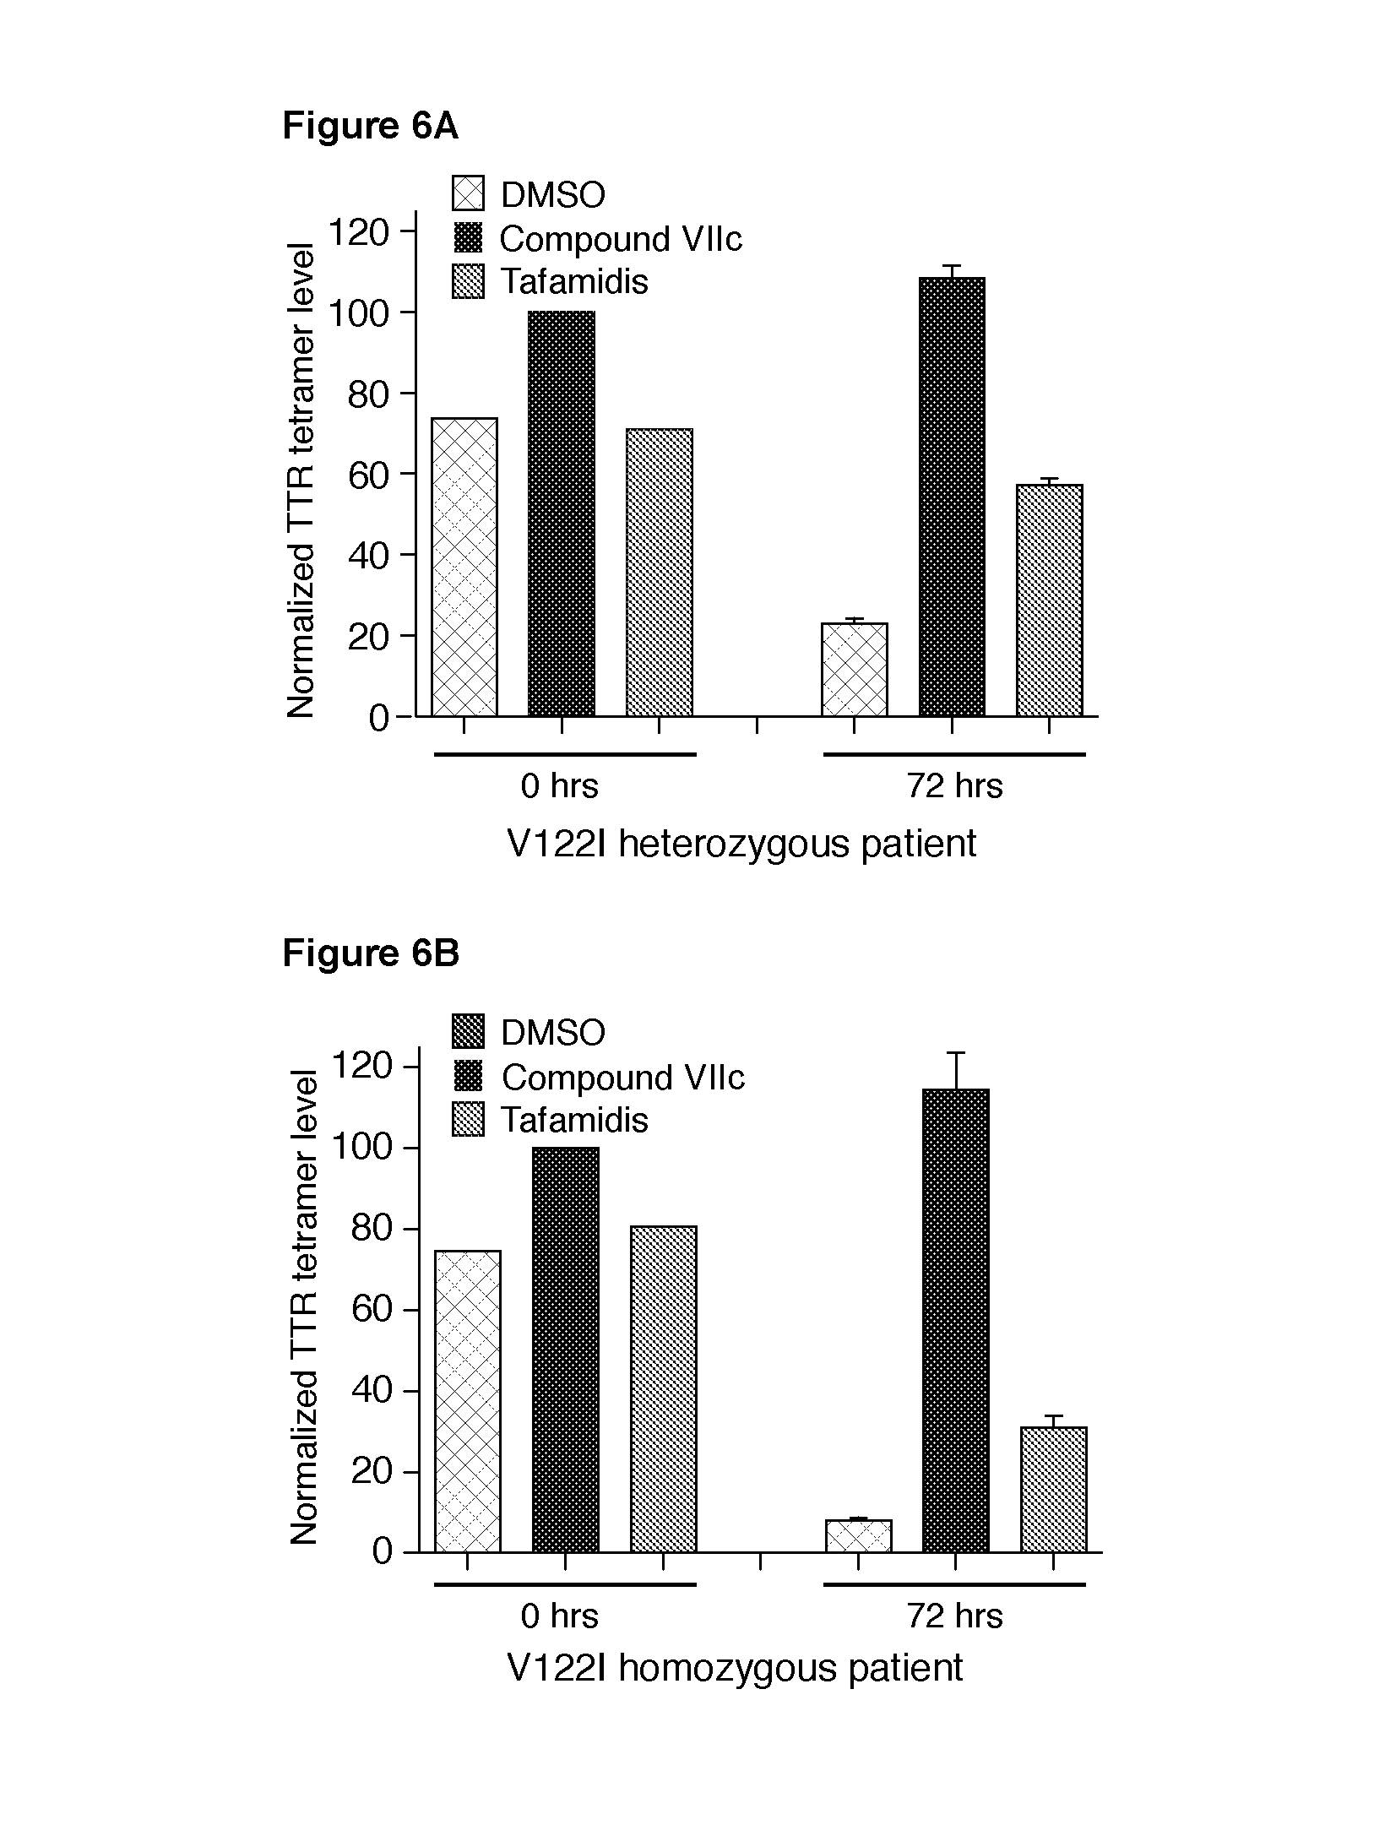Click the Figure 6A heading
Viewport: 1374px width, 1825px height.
point(370,127)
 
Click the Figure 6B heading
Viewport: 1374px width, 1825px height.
point(370,953)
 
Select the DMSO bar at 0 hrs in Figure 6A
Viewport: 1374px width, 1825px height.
point(464,567)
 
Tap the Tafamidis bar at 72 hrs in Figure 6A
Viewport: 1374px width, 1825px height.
point(1049,600)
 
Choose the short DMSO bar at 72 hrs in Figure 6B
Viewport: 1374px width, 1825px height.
point(858,1535)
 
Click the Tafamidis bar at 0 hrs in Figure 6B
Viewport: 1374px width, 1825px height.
point(663,1388)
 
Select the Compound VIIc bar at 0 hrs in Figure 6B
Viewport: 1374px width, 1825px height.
point(565,1350)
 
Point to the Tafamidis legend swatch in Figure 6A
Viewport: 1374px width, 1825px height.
point(468,281)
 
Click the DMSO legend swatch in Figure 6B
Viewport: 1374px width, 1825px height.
point(468,1031)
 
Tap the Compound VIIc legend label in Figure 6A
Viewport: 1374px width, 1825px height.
point(620,239)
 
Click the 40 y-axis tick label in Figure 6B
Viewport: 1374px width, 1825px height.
point(372,1390)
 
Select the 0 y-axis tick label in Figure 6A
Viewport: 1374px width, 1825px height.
point(378,718)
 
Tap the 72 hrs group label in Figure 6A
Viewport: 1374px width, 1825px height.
point(954,786)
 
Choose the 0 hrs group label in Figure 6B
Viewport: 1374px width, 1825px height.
point(559,1616)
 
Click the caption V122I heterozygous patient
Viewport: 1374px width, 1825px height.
point(741,844)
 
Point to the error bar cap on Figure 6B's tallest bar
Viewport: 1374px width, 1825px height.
point(956,1052)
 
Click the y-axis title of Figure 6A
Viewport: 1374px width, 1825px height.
point(301,480)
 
